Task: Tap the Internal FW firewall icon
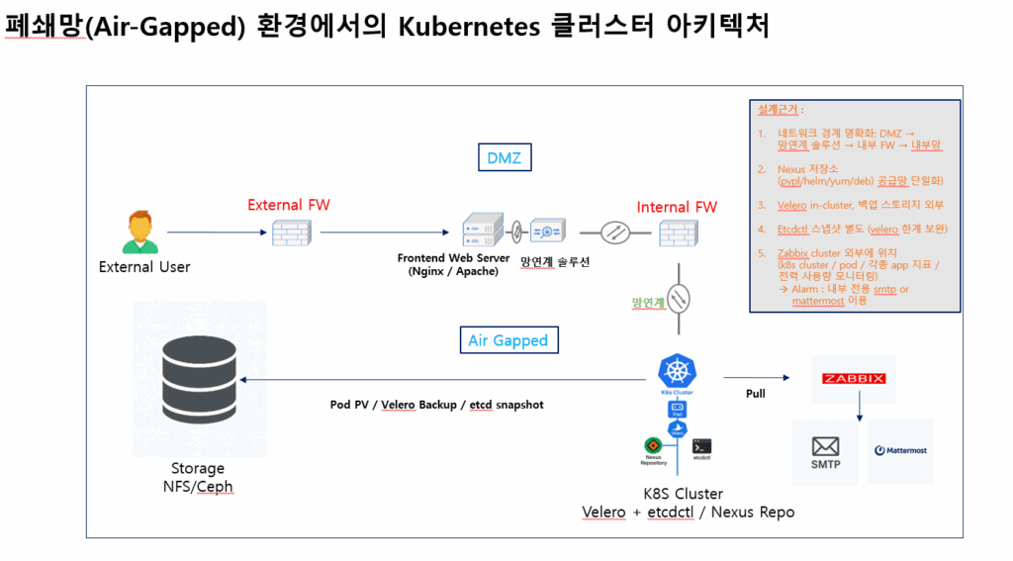678,234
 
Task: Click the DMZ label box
504,157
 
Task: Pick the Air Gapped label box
507,340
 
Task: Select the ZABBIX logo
854,378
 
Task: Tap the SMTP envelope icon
825,447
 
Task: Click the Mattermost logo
900,450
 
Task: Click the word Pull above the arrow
755,393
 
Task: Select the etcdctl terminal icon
702,447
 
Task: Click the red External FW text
289,205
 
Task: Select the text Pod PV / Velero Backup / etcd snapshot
436,405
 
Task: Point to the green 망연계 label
649,302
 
